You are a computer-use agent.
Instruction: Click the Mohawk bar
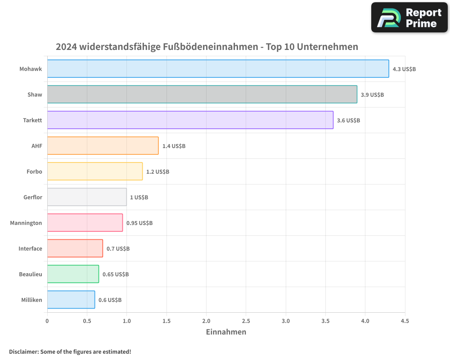[x=218, y=69]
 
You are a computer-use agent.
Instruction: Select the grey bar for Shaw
[x=202, y=94]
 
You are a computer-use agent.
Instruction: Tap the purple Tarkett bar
[x=190, y=120]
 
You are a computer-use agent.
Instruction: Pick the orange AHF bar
[x=103, y=146]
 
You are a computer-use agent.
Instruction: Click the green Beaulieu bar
[x=73, y=274]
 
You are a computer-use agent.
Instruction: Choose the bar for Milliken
[x=71, y=300]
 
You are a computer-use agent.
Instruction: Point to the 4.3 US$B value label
[x=404, y=69]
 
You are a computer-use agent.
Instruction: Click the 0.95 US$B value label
[x=139, y=223]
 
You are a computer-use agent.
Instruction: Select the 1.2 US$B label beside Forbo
[x=157, y=172]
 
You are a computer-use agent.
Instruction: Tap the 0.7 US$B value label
[x=118, y=249]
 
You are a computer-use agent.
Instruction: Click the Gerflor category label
[x=33, y=197]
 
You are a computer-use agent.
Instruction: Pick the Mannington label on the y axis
[x=26, y=223]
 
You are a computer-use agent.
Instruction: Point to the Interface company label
[x=30, y=248]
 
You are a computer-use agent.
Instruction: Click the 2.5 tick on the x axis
[x=246, y=321]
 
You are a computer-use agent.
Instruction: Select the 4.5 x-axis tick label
[x=405, y=321]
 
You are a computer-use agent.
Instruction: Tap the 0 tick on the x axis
[x=47, y=321]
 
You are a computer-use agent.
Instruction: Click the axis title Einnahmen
[x=226, y=332]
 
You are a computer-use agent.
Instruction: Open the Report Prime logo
[x=409, y=18]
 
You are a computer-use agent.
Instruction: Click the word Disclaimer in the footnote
[x=23, y=351]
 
